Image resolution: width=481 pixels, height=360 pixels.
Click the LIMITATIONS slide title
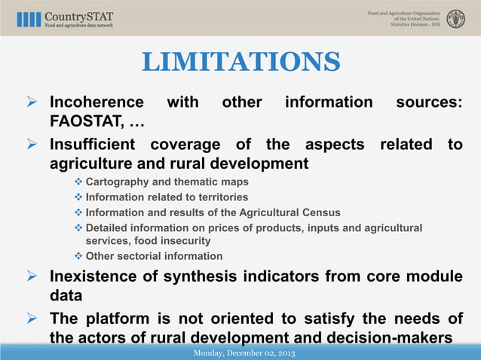click(x=240, y=63)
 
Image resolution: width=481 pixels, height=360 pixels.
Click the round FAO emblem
click(x=455, y=19)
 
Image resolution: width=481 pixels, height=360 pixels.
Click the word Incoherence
click(x=97, y=102)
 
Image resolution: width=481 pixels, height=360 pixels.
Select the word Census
click(x=320, y=212)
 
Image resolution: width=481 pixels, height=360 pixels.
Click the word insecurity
click(x=185, y=241)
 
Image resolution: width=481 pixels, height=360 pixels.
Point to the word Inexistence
click(x=96, y=277)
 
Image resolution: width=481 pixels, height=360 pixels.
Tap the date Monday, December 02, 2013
click(x=244, y=353)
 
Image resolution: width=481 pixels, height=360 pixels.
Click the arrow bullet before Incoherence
click(x=32, y=102)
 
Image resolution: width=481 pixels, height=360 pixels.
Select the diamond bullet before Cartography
click(x=78, y=182)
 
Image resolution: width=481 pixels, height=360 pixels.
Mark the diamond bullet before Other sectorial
click(x=78, y=256)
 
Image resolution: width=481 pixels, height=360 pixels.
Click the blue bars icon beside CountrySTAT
click(x=29, y=19)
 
